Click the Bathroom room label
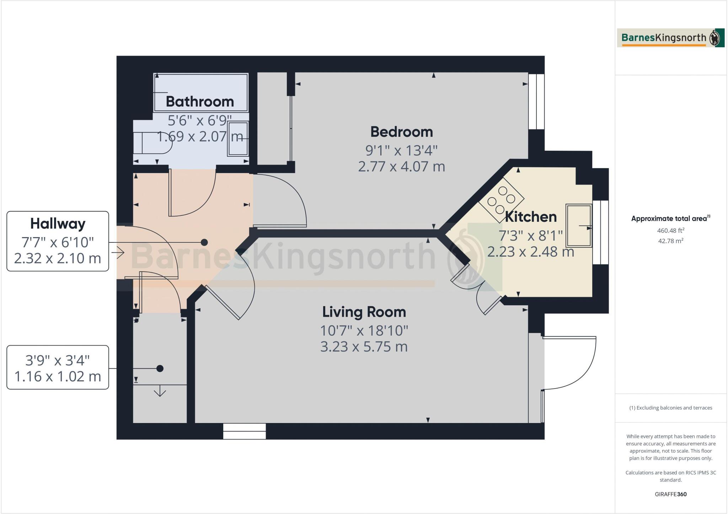click(200, 102)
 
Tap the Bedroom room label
click(402, 132)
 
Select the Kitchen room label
click(531, 217)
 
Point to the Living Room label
click(364, 312)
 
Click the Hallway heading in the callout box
click(58, 224)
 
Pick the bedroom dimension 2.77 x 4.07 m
click(402, 166)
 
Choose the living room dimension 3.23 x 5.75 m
click(364, 347)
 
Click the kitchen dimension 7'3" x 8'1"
click(531, 235)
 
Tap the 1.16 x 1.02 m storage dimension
click(58, 376)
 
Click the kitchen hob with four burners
click(501, 200)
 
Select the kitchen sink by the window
click(578, 225)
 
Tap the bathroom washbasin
click(238, 139)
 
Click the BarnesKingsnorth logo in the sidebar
click(670, 38)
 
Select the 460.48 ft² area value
click(670, 230)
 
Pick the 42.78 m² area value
click(670, 241)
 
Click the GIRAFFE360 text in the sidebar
click(670, 494)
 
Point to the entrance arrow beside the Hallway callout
click(118, 253)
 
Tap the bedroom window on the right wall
click(536, 102)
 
